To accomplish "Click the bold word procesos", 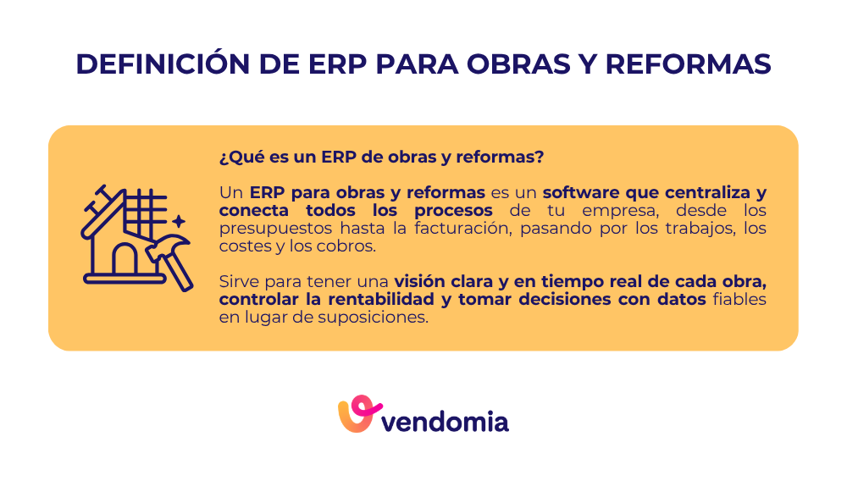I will click(456, 209).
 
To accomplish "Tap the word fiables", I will click(739, 300).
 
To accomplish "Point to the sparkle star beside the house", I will click(178, 222).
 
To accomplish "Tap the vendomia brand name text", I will click(446, 420).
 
